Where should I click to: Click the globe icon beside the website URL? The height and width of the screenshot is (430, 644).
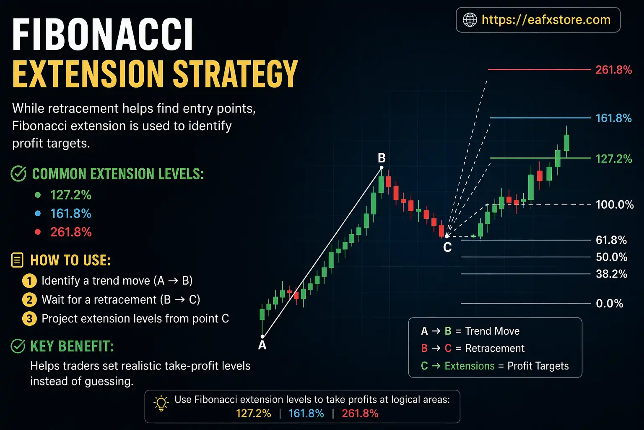coord(470,20)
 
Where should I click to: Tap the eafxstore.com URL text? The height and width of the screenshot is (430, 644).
coord(546,20)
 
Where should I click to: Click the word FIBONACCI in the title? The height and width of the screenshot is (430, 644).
coord(103,35)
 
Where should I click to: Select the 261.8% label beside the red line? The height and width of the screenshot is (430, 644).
coord(613,70)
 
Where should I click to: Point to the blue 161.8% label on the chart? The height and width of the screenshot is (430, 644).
coord(613,118)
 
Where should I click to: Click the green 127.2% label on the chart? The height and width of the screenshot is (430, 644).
coord(613,159)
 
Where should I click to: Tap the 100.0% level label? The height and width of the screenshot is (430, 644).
coord(615,205)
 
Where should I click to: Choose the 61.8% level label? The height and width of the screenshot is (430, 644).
coord(611,240)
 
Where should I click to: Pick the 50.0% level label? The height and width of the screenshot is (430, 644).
coord(611,257)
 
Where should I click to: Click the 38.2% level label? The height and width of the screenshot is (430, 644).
coord(611,274)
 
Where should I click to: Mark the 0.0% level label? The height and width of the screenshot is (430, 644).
coord(609,303)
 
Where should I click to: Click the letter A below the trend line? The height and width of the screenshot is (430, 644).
coord(262,345)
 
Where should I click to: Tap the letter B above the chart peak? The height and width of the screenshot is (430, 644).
coord(382,158)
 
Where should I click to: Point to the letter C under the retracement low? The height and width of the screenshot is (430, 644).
coord(447,247)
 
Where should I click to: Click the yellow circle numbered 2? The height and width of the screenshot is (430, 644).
coord(29,299)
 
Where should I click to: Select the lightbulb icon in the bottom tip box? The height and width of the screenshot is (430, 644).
coord(161,403)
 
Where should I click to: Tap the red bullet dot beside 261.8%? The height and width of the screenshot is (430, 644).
coord(38,232)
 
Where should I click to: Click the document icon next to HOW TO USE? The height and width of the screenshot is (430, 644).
coord(17,260)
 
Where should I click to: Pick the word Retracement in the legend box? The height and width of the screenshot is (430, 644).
coord(495,348)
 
